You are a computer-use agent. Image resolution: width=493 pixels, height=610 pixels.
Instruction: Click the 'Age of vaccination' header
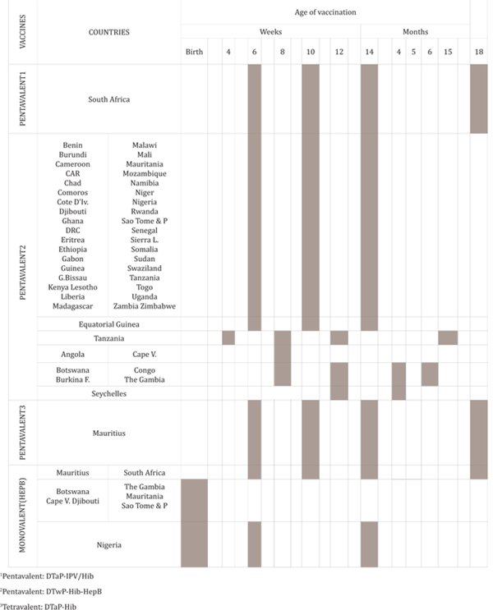[x=325, y=12]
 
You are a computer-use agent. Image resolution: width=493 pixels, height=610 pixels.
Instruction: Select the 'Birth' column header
[x=194, y=52]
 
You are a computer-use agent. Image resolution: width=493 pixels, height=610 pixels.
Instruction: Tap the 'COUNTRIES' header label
[x=108, y=32]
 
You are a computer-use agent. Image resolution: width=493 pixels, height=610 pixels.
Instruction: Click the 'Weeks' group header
[x=271, y=32]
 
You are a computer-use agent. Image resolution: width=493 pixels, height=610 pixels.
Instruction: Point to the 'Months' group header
[x=415, y=32]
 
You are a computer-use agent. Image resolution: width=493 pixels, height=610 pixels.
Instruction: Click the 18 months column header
[x=479, y=52]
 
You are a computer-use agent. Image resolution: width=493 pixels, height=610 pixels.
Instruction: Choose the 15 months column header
[x=448, y=52]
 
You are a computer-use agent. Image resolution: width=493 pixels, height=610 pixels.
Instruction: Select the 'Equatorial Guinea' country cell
[x=108, y=324]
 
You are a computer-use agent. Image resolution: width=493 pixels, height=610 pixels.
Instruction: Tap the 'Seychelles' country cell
[x=108, y=393]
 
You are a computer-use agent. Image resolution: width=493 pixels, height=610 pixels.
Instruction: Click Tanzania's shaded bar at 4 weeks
[x=228, y=338]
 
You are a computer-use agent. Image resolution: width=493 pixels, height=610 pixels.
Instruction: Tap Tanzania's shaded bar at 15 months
[x=448, y=338]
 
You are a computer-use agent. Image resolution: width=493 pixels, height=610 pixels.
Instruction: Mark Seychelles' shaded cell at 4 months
[x=399, y=393]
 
